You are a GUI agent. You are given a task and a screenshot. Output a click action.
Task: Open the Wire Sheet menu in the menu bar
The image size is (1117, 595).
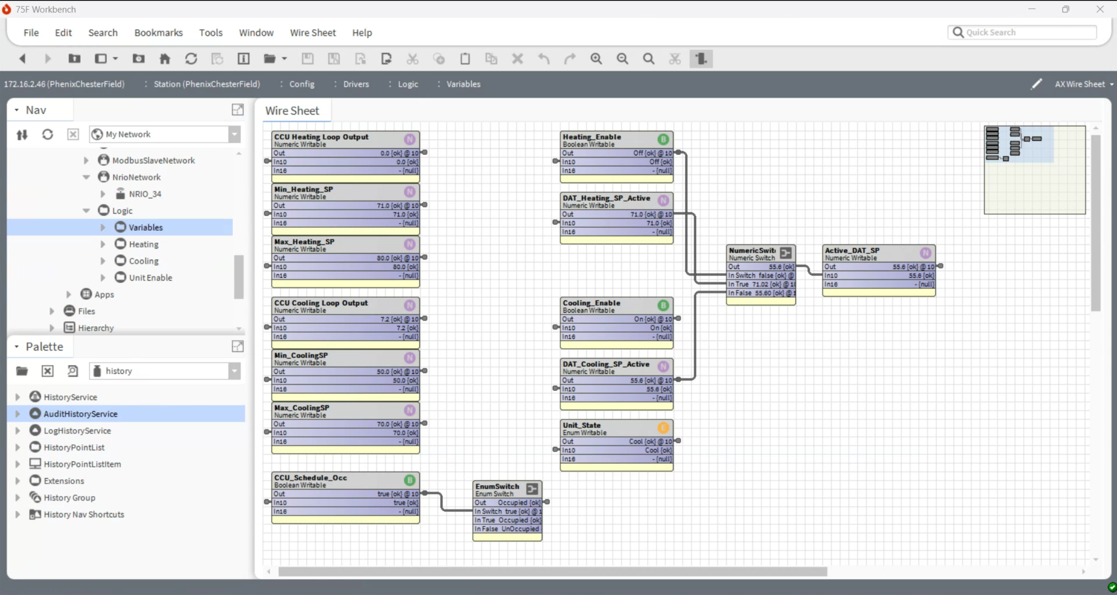click(313, 33)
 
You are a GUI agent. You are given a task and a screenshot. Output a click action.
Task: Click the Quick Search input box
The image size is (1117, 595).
click(1027, 33)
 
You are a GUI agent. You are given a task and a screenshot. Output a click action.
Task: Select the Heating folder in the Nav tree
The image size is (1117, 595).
click(143, 244)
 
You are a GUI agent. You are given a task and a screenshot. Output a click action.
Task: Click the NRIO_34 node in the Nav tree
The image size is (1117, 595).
click(145, 194)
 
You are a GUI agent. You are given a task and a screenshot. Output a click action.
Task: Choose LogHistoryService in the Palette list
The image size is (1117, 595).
click(77, 431)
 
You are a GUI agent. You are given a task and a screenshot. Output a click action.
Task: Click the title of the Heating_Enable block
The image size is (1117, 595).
click(592, 136)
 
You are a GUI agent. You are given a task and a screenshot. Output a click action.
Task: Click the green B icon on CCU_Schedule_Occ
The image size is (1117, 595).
click(409, 480)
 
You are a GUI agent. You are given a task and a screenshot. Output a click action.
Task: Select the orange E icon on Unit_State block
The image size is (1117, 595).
click(663, 428)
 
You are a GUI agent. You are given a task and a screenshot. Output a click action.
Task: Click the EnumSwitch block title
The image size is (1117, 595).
click(497, 486)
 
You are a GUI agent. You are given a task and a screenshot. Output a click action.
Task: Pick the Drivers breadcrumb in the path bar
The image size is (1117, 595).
click(356, 84)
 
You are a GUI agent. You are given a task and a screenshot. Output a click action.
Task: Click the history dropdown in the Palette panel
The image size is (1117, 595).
click(165, 371)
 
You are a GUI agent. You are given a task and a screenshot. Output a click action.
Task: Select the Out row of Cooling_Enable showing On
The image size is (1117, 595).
click(616, 319)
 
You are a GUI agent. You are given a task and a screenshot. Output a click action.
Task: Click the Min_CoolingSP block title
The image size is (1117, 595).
click(301, 355)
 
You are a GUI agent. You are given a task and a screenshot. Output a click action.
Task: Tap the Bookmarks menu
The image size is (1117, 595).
click(158, 33)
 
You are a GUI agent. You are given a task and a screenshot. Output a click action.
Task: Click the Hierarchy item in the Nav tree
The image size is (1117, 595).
click(95, 328)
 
